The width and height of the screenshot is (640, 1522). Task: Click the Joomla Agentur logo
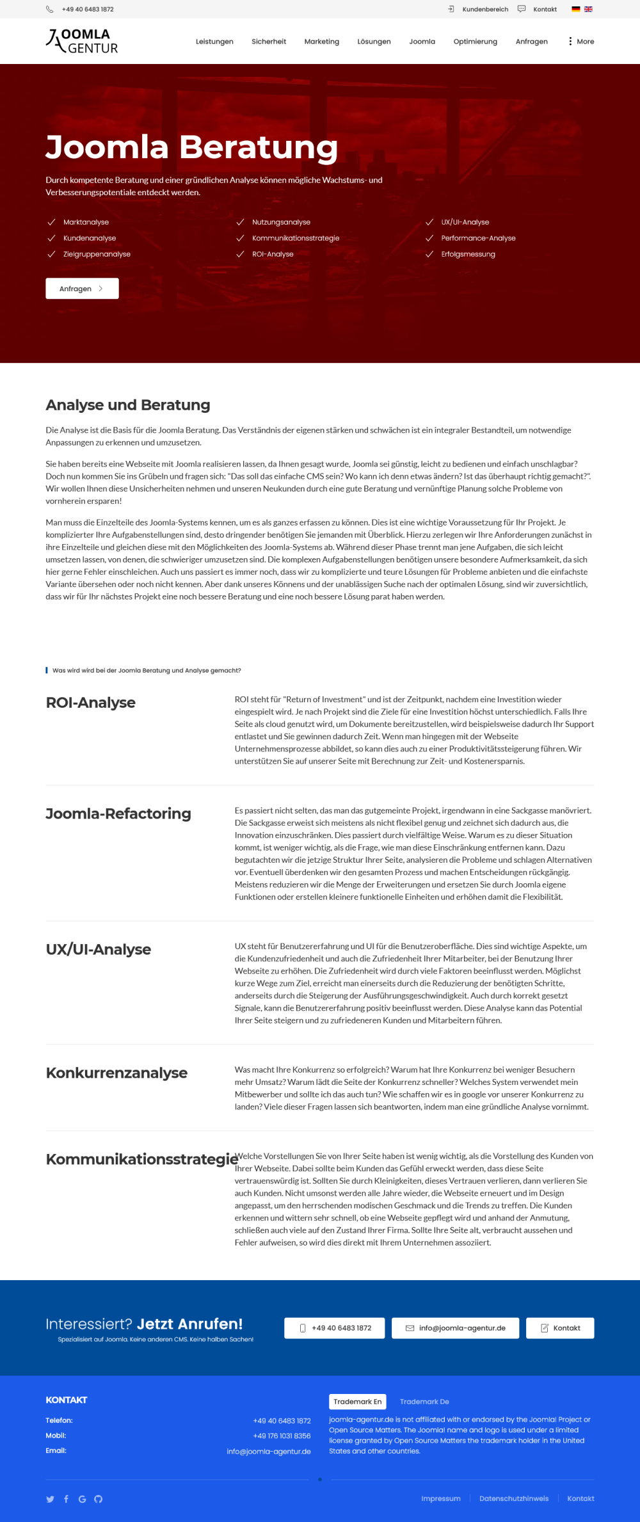click(82, 41)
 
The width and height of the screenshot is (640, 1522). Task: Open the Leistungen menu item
click(214, 42)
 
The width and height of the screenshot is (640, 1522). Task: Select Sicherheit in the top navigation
click(269, 42)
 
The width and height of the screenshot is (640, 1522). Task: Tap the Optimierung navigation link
click(475, 42)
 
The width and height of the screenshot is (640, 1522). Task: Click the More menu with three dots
click(581, 42)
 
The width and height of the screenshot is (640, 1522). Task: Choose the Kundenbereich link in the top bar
click(484, 10)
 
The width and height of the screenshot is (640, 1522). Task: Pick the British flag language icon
click(588, 10)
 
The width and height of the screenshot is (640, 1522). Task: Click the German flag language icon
click(576, 10)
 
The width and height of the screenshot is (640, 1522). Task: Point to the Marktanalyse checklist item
click(86, 222)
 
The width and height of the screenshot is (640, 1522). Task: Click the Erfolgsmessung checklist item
click(468, 254)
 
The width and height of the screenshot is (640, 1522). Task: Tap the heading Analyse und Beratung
click(128, 405)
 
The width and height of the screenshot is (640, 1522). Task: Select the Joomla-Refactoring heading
click(118, 813)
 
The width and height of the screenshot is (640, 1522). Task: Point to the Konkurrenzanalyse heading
click(116, 1073)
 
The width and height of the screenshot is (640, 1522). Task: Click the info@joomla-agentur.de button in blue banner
click(455, 1328)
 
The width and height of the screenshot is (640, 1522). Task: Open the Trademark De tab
click(424, 1402)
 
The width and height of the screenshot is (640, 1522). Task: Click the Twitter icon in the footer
click(51, 1499)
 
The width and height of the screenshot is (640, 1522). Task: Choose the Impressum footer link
click(441, 1498)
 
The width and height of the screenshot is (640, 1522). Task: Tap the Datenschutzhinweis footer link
click(514, 1498)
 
